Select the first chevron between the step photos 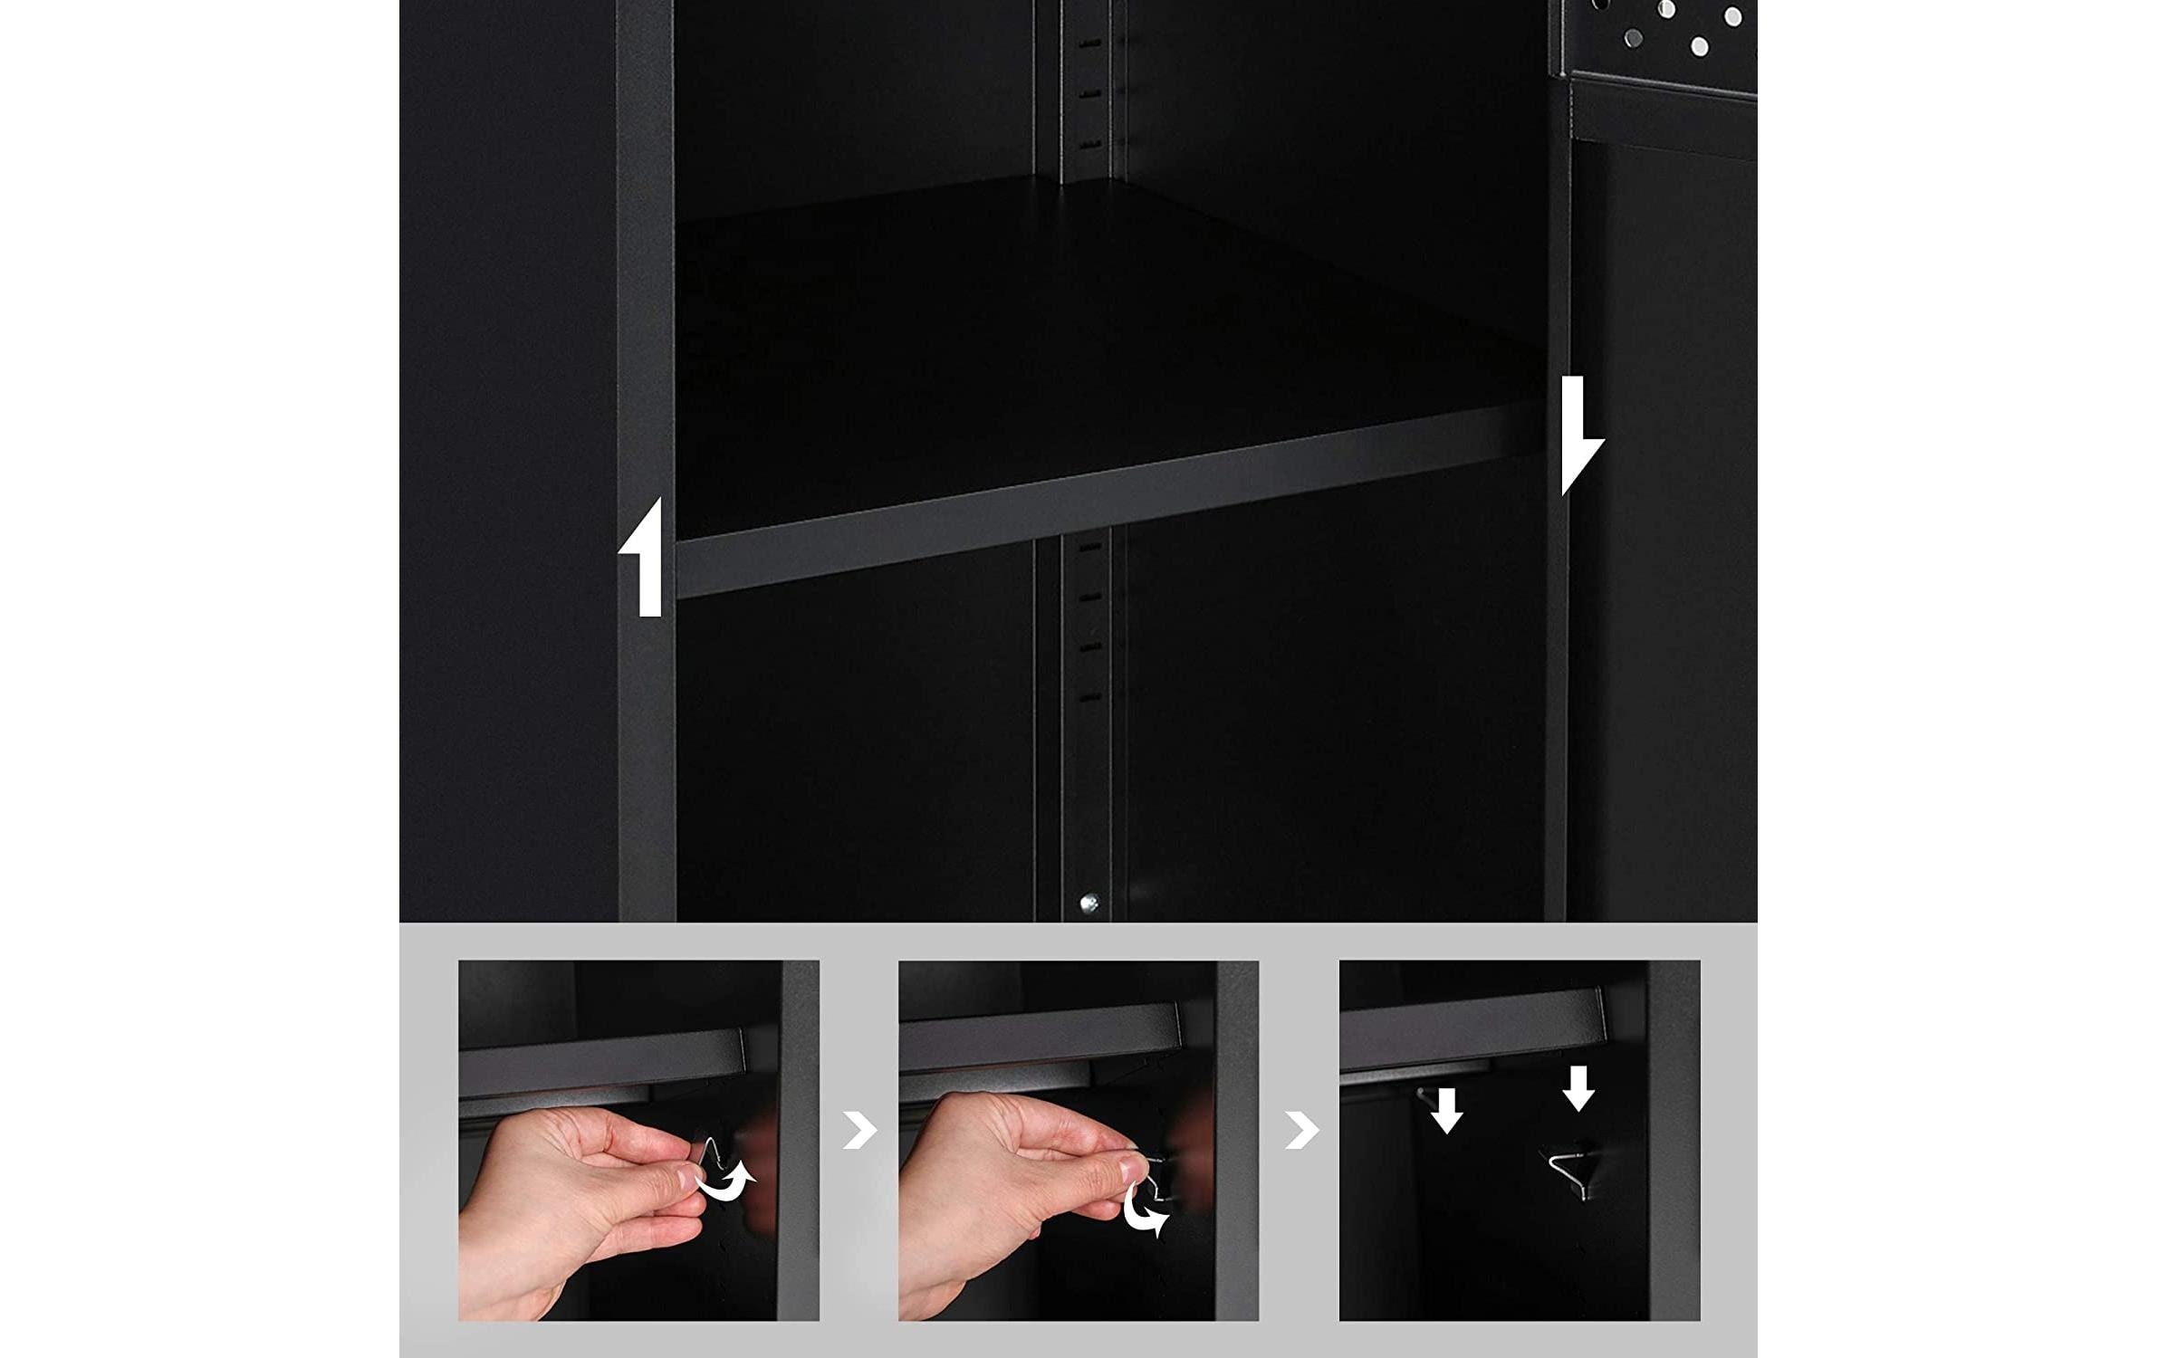click(x=859, y=1130)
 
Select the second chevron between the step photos click(x=1300, y=1130)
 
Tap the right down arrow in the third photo click(x=1578, y=1086)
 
